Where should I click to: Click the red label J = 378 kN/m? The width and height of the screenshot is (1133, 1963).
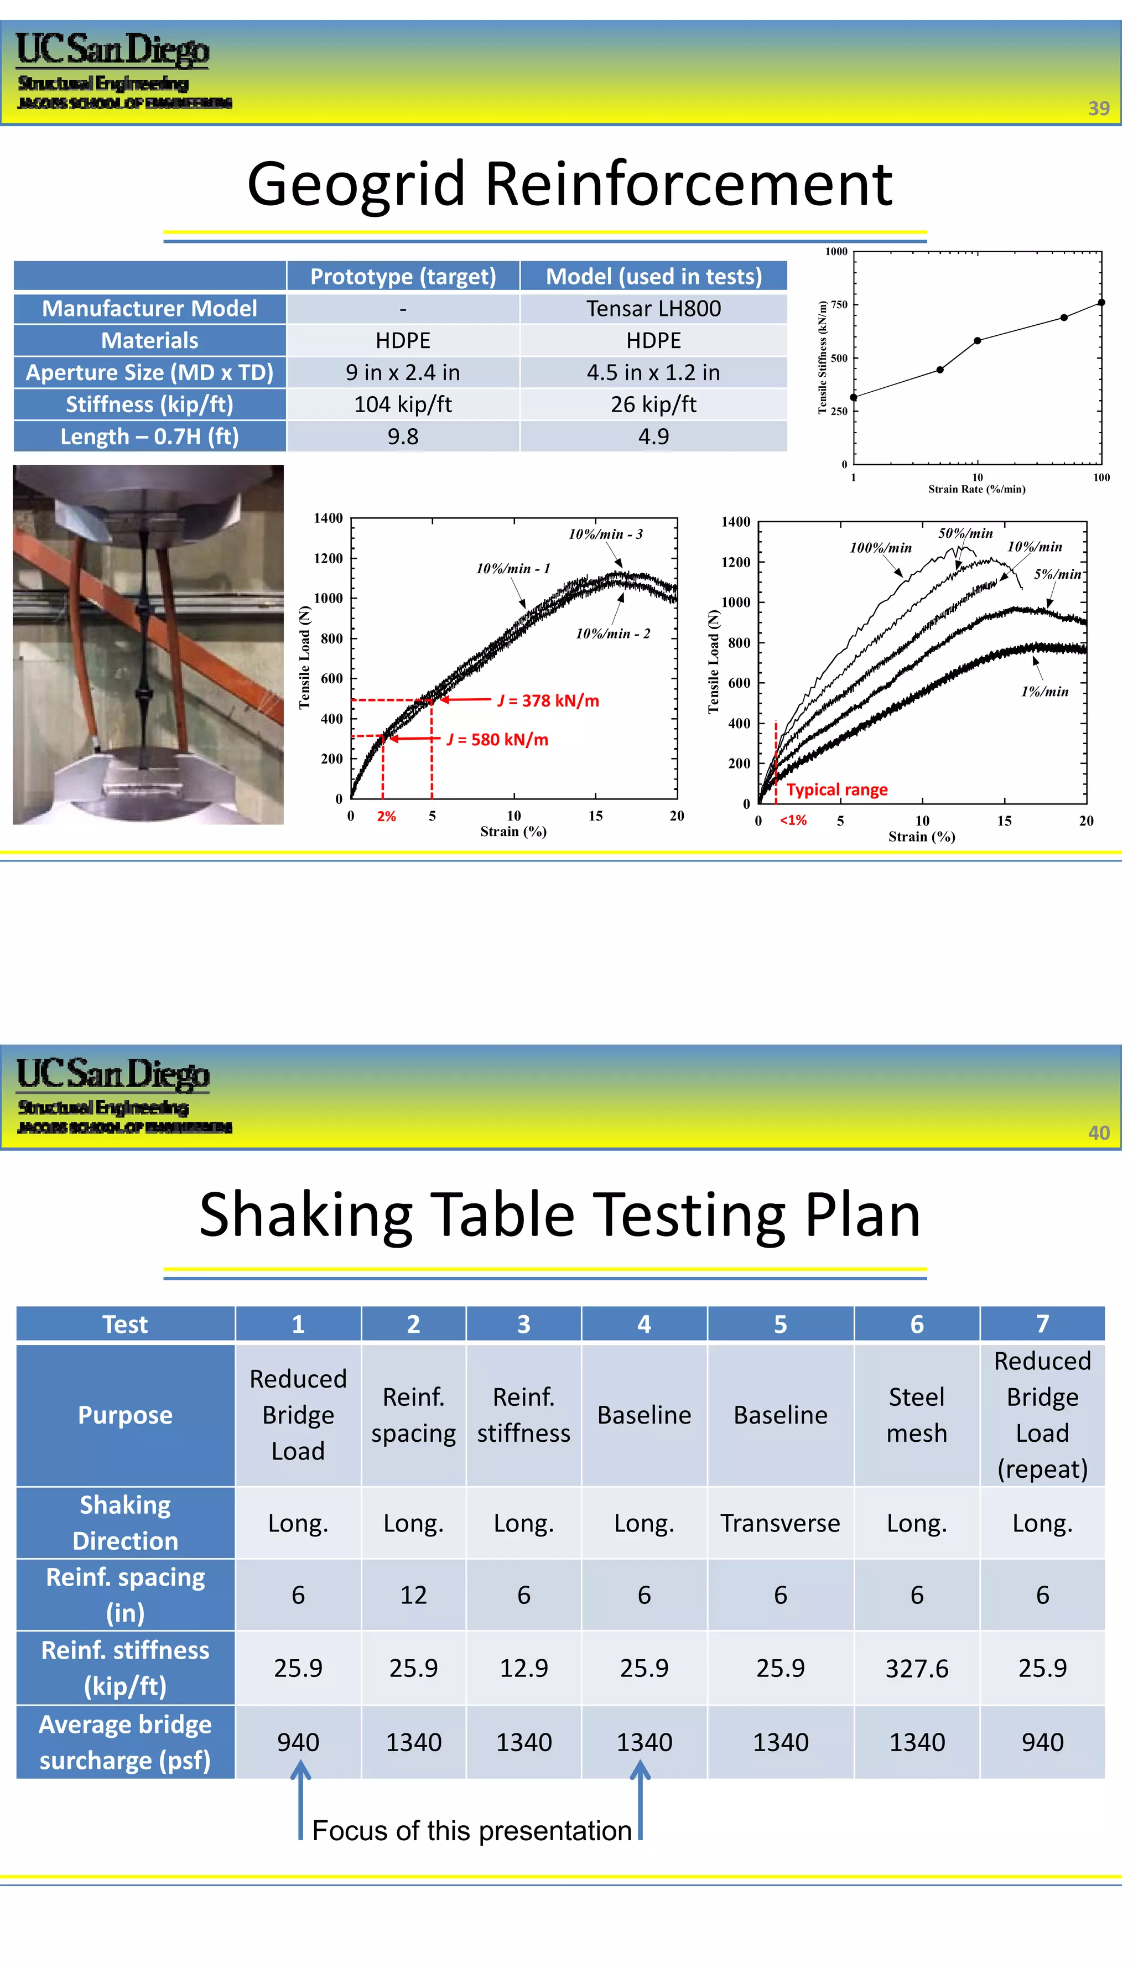pos(548,700)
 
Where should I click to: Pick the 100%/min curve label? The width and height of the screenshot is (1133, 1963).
pos(880,548)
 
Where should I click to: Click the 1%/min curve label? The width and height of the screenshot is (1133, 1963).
pos(1044,692)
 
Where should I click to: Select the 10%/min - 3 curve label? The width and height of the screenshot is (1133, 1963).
pos(605,534)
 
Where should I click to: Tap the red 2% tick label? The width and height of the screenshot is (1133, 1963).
pos(386,816)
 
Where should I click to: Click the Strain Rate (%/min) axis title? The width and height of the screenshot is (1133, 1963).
pos(976,490)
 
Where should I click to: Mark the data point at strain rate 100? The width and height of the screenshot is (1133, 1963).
pos(1101,303)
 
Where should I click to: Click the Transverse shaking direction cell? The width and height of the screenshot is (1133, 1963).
pos(779,1523)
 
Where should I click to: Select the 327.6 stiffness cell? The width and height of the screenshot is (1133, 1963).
pos(917,1668)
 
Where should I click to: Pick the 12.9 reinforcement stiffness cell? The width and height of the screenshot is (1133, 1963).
pos(524,1668)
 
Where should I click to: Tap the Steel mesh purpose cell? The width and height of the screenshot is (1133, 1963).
pos(917,1415)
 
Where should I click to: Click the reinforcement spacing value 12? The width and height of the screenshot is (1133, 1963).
pos(413,1596)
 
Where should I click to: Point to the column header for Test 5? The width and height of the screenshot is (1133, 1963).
pos(779,1324)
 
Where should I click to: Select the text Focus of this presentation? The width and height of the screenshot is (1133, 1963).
pos(471,1831)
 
